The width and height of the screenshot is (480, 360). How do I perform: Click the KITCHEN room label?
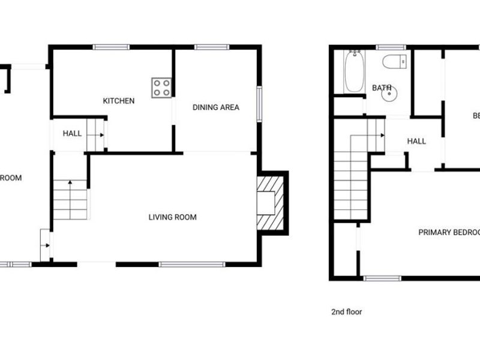click(x=118, y=101)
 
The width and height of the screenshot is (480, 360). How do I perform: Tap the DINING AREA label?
click(x=215, y=107)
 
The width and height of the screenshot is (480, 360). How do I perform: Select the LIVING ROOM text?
click(x=172, y=217)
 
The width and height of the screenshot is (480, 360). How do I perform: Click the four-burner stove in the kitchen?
click(x=161, y=88)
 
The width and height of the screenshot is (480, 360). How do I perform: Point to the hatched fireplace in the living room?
click(x=269, y=203)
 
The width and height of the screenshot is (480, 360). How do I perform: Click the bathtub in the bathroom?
click(x=353, y=71)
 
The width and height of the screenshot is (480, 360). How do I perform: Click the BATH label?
click(x=382, y=88)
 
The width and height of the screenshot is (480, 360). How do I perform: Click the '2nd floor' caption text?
click(x=347, y=312)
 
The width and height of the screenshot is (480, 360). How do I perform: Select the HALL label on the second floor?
click(x=416, y=142)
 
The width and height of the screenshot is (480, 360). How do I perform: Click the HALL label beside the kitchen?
click(x=72, y=133)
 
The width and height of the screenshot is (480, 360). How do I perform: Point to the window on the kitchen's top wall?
click(x=110, y=47)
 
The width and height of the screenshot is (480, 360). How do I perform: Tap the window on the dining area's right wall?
click(x=260, y=104)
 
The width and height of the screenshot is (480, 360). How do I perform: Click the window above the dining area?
click(x=207, y=47)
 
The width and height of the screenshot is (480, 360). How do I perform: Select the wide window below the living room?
click(x=192, y=264)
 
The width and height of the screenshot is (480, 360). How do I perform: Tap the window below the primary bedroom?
click(x=382, y=278)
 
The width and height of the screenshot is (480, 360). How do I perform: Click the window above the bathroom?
click(x=391, y=47)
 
